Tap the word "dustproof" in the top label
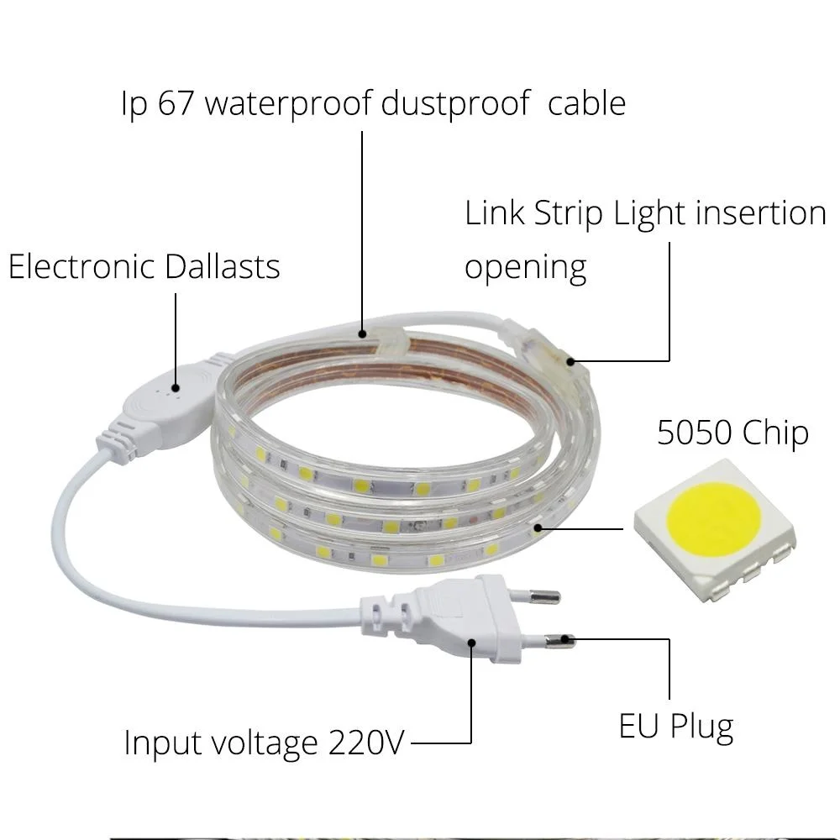point(454,103)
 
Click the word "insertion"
point(762,214)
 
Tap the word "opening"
point(525,268)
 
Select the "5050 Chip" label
point(732,433)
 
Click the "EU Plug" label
point(675,726)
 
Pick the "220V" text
point(365,743)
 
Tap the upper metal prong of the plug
point(543,597)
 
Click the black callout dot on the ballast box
point(175,388)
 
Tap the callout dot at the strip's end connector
point(571,362)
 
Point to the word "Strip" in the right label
point(569,214)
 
